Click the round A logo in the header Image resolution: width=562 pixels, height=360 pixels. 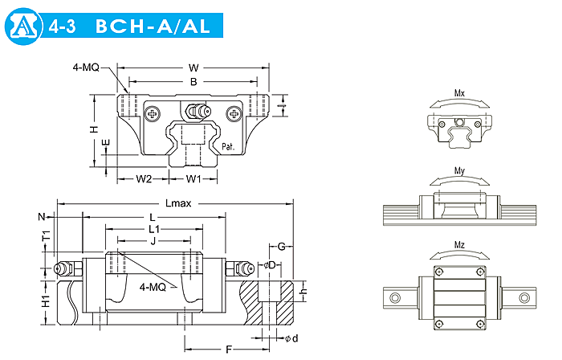click(x=24, y=27)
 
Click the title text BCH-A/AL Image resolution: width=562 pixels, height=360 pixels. click(x=153, y=27)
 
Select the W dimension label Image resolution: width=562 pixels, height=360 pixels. click(x=193, y=67)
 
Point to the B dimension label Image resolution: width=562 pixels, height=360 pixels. click(x=193, y=82)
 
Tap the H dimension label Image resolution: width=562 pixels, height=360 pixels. click(x=94, y=129)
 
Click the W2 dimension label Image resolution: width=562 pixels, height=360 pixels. click(x=144, y=178)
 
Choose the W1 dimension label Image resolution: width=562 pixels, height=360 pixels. click(x=193, y=178)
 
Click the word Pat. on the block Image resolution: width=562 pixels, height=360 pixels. click(x=228, y=146)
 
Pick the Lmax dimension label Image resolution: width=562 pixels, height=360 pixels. click(x=178, y=203)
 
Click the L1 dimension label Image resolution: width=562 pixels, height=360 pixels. click(x=154, y=228)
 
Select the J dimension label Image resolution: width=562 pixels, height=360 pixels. click(x=153, y=241)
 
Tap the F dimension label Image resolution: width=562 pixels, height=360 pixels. click(x=229, y=350)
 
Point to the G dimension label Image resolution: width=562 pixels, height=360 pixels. click(x=282, y=247)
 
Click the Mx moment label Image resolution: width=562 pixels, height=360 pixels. click(x=459, y=93)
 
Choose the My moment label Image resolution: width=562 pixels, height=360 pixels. click(x=459, y=170)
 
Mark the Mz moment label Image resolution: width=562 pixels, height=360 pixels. click(x=459, y=245)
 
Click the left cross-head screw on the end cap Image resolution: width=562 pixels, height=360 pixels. click(x=153, y=114)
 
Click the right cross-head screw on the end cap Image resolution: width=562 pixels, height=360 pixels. click(x=234, y=114)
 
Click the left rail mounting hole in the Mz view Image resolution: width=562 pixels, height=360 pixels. click(x=395, y=297)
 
